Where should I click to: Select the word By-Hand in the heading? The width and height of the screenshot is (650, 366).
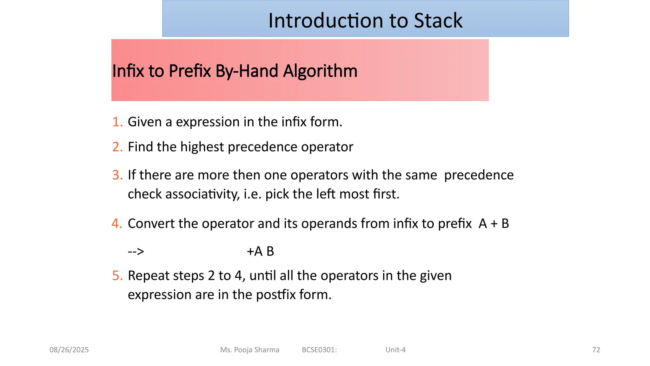click(x=247, y=71)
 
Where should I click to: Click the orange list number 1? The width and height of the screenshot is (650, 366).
click(x=117, y=122)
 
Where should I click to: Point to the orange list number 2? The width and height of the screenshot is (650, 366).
click(x=117, y=147)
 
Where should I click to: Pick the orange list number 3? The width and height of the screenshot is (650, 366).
click(x=117, y=175)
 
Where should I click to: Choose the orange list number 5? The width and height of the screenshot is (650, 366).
click(x=117, y=276)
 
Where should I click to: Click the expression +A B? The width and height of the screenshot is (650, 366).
click(x=260, y=251)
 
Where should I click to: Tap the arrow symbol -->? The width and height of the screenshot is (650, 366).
click(x=136, y=252)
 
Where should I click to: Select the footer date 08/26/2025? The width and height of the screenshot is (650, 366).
click(x=69, y=350)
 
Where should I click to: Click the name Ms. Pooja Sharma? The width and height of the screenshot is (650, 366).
click(x=250, y=350)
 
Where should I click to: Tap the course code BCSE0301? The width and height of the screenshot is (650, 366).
click(x=319, y=350)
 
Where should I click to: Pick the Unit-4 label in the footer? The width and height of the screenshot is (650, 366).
click(x=395, y=350)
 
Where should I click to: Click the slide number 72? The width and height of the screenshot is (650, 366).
click(x=596, y=350)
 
